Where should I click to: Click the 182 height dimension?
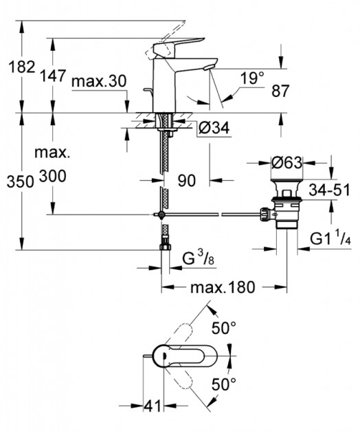click(22, 67)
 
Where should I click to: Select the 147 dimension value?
click(53, 76)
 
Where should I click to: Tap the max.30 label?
click(99, 82)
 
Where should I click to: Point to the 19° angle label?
click(252, 78)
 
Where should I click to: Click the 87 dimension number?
click(280, 91)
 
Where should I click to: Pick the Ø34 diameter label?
click(214, 128)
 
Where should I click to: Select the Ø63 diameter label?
click(286, 163)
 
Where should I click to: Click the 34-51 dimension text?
click(329, 190)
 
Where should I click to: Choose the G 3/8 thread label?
click(199, 258)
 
